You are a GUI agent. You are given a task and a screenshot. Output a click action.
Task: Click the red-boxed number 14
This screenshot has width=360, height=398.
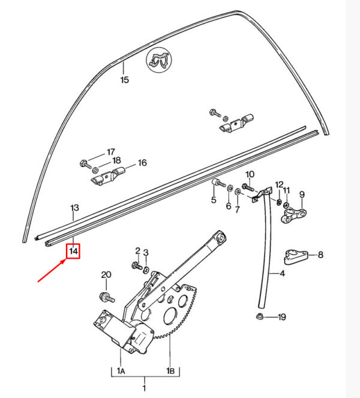(x=74, y=252)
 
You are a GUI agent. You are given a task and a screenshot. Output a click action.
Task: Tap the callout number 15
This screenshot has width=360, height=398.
(x=125, y=80)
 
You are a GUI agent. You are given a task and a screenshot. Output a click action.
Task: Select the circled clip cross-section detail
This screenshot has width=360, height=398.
(x=159, y=60)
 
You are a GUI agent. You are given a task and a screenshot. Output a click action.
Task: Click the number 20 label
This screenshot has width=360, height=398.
(x=106, y=275)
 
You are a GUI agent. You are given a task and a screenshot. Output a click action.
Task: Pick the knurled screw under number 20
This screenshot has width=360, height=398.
(x=107, y=297)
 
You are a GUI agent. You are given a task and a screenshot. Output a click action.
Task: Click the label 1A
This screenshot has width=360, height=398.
(x=121, y=371)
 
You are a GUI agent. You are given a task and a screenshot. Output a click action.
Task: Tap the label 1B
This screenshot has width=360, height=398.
(x=170, y=371)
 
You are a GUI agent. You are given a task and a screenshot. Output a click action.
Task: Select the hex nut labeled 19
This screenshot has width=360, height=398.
(x=259, y=317)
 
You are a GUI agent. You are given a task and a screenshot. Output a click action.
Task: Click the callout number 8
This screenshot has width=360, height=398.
(x=320, y=255)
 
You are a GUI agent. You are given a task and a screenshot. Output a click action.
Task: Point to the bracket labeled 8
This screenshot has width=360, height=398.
(x=296, y=256)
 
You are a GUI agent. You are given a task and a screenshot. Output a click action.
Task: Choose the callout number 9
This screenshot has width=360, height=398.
(x=302, y=194)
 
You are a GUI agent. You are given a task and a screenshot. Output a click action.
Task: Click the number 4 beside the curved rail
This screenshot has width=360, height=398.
(x=282, y=273)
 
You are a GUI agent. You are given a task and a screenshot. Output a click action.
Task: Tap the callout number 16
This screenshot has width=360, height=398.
(x=142, y=163)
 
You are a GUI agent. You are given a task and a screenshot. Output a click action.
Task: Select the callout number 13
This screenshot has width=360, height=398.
(x=74, y=208)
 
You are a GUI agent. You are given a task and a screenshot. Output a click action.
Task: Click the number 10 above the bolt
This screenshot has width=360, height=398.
(x=250, y=174)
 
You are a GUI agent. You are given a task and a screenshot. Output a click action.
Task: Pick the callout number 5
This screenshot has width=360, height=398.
(x=214, y=199)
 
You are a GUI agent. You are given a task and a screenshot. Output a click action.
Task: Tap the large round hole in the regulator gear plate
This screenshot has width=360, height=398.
(x=170, y=316)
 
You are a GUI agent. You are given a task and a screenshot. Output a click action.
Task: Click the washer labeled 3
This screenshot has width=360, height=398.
(x=146, y=270)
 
